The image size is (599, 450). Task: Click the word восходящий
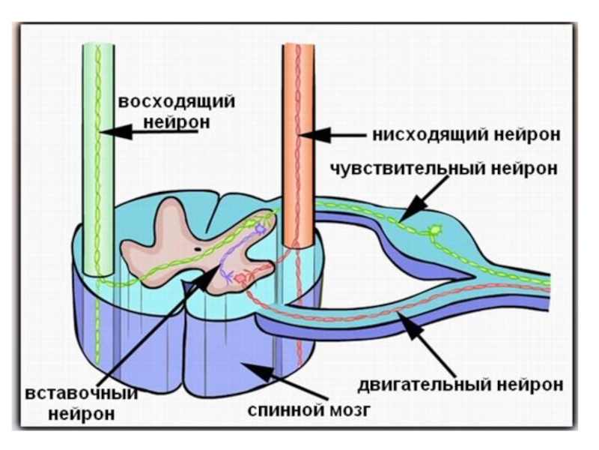pyautogui.click(x=176, y=101)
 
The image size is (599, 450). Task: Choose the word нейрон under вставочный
pyautogui.click(x=73, y=414)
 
